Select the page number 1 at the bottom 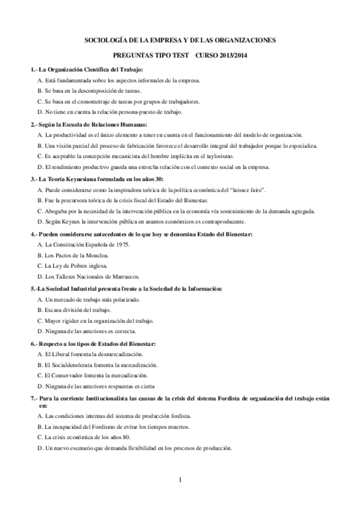[x=180, y=481]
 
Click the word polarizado [x=125, y=299]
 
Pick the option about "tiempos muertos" [x=114, y=426]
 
